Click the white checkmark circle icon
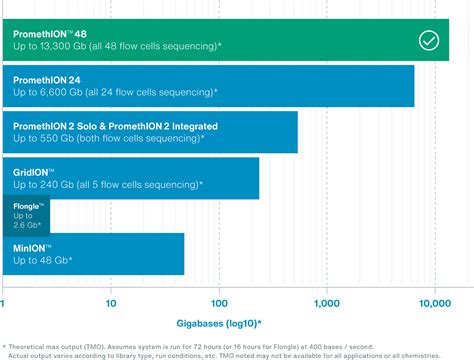(428, 41)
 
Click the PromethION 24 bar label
(48, 80)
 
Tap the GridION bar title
(35, 171)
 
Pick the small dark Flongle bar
(26, 215)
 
